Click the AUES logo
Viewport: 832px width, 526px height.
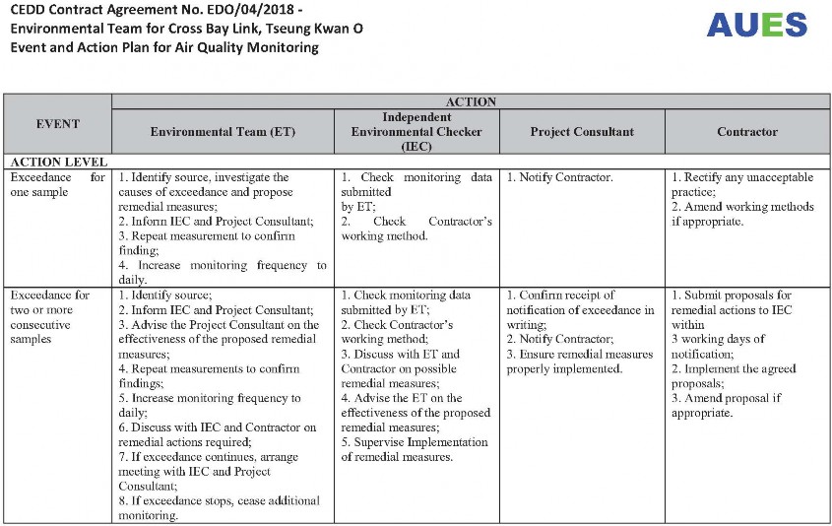756,26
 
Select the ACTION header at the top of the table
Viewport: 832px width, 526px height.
471,101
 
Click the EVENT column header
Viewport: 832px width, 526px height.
57,124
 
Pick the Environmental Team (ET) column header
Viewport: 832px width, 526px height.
223,131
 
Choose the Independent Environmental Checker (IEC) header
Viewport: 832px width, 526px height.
416,131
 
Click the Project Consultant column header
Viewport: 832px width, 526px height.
581,131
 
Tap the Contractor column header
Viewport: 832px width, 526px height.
746,131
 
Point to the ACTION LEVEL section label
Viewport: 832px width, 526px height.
57,162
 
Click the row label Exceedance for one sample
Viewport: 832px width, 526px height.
57,184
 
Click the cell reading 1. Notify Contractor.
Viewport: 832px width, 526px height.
559,177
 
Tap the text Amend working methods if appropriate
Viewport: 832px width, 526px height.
742,214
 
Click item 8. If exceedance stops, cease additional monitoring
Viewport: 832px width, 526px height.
219,507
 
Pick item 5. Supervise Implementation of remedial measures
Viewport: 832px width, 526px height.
410,449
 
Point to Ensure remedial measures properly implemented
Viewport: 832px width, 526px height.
579,362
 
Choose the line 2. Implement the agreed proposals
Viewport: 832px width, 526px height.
734,375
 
